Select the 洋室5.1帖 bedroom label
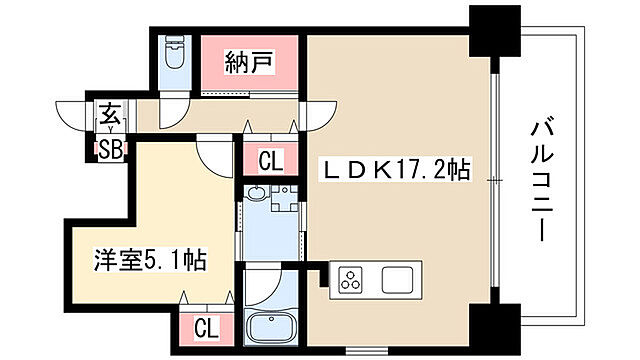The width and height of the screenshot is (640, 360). [x=152, y=261]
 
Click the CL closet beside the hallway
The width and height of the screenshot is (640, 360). [x=269, y=158]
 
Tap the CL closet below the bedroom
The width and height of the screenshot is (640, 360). [x=206, y=326]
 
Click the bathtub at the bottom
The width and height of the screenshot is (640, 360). [x=269, y=327]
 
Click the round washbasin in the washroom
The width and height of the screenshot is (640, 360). [x=255, y=194]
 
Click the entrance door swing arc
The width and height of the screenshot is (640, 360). [x=75, y=112]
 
